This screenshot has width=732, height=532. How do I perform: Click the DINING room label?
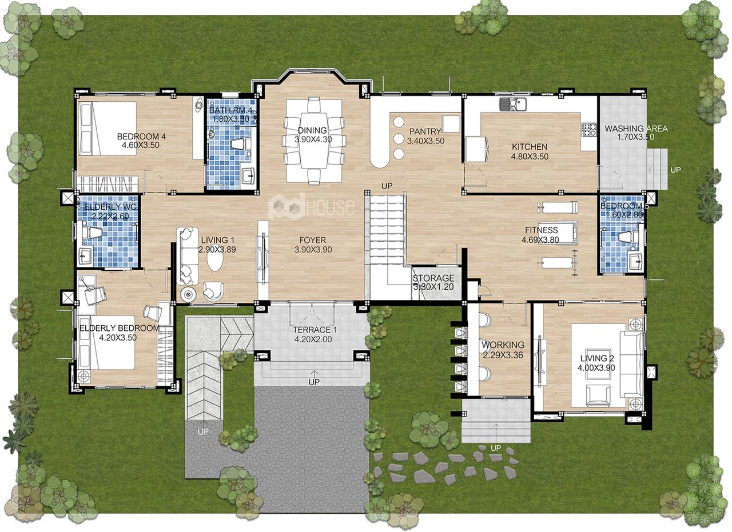[x=312, y=131]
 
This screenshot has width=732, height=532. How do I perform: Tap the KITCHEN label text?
[x=530, y=147]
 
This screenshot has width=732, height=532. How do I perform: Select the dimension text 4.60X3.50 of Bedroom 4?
[x=141, y=145]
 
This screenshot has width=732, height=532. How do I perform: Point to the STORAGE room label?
[x=433, y=278]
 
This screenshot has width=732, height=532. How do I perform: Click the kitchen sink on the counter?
[x=512, y=105]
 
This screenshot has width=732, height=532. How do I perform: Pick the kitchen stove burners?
[x=589, y=129]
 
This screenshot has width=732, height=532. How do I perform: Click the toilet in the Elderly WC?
[x=91, y=233]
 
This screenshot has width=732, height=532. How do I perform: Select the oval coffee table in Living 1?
[x=216, y=261]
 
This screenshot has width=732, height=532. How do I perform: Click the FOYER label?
[x=312, y=241]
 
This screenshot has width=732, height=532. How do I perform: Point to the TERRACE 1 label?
[x=315, y=330]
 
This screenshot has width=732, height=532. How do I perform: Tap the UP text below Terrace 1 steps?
[x=314, y=382]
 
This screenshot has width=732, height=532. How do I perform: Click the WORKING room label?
[x=503, y=345]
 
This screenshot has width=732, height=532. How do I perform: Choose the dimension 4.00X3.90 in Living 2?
[x=596, y=368]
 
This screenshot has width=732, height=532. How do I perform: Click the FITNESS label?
[x=542, y=230]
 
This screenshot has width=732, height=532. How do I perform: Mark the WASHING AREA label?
[x=636, y=129]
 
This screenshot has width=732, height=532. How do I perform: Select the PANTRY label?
[x=425, y=131]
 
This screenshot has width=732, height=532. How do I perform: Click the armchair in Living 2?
[x=598, y=395]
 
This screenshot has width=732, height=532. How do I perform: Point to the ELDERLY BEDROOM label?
[x=120, y=328]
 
